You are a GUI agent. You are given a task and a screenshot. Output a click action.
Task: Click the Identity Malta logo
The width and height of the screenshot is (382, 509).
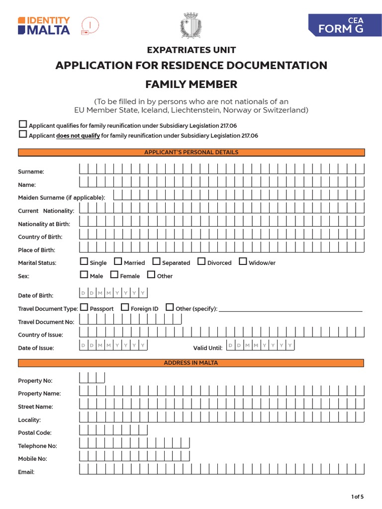pos(44,26)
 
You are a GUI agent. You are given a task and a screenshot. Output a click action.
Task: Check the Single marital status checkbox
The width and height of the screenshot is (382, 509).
pos(84,261)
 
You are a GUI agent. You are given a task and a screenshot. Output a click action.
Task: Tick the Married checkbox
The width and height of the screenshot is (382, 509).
pos(118,261)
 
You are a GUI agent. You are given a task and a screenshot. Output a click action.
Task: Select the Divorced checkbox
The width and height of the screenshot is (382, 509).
pos(201,261)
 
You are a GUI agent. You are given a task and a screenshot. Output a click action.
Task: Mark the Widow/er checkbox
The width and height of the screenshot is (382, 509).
pos(243,261)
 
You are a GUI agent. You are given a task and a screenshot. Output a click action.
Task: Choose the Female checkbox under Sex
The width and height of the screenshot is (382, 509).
pos(114,275)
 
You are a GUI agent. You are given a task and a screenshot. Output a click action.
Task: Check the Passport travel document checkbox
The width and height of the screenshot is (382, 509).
pos(84,308)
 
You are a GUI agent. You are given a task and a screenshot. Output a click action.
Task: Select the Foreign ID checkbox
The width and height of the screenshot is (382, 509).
pos(125,308)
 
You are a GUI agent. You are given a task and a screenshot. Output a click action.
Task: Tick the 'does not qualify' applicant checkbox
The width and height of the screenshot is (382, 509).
pos(23,134)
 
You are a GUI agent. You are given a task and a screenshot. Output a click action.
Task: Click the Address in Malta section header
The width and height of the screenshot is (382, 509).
pos(191,363)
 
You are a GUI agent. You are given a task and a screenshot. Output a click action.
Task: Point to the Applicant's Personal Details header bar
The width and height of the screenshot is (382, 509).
pos(191,153)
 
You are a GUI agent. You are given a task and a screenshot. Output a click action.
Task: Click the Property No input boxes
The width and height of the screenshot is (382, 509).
pos(92,378)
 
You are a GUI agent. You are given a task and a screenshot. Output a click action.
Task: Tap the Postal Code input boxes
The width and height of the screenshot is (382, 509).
pos(113,430)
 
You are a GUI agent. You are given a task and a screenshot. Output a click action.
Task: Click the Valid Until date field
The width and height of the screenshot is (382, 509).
pos(260,345)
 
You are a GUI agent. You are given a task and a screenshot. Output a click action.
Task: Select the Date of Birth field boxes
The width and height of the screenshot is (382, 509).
pos(113,293)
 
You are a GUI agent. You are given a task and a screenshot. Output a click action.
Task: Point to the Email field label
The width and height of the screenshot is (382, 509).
pos(26,472)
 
